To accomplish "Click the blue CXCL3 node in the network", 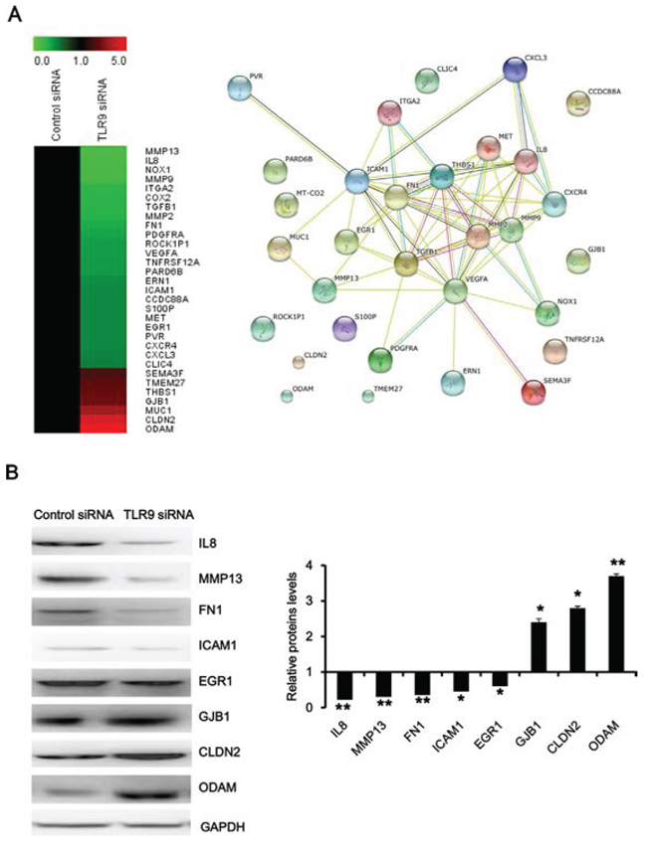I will [x=514, y=69].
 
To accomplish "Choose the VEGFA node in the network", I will [x=455, y=290].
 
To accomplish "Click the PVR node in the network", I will [x=241, y=88].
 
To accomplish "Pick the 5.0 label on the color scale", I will [x=118, y=61].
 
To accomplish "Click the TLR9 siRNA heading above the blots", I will [x=158, y=515].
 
